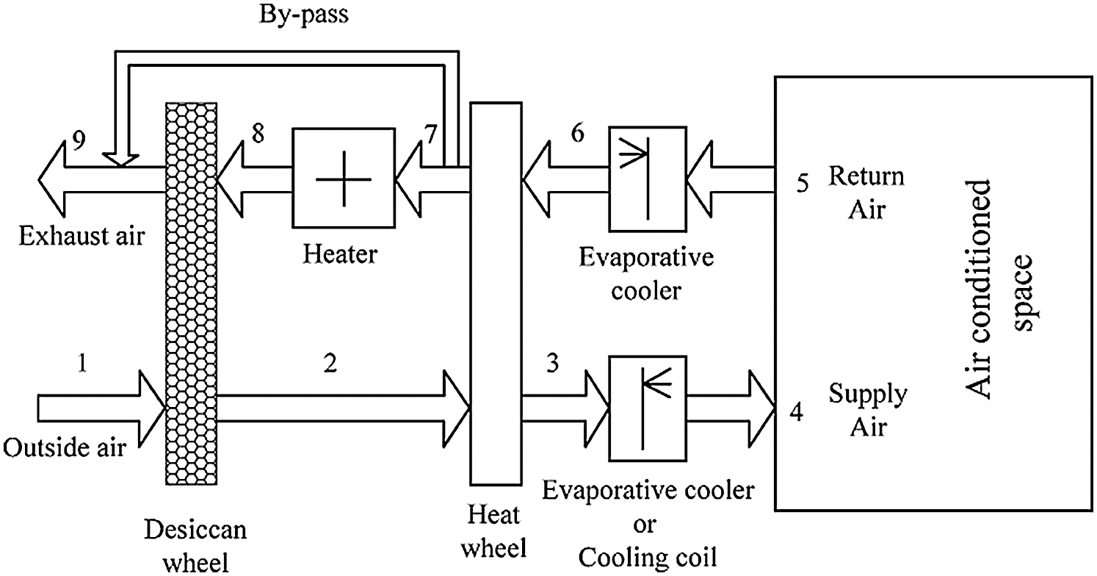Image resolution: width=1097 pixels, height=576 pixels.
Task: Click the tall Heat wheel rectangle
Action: (495, 294)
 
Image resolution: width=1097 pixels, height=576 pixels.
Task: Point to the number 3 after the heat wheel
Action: (552, 364)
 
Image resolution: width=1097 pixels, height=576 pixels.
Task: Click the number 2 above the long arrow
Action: (330, 364)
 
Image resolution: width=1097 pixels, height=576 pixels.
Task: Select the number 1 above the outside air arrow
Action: (82, 363)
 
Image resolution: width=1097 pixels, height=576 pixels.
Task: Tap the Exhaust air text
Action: (82, 237)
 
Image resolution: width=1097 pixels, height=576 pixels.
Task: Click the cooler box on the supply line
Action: (648, 408)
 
